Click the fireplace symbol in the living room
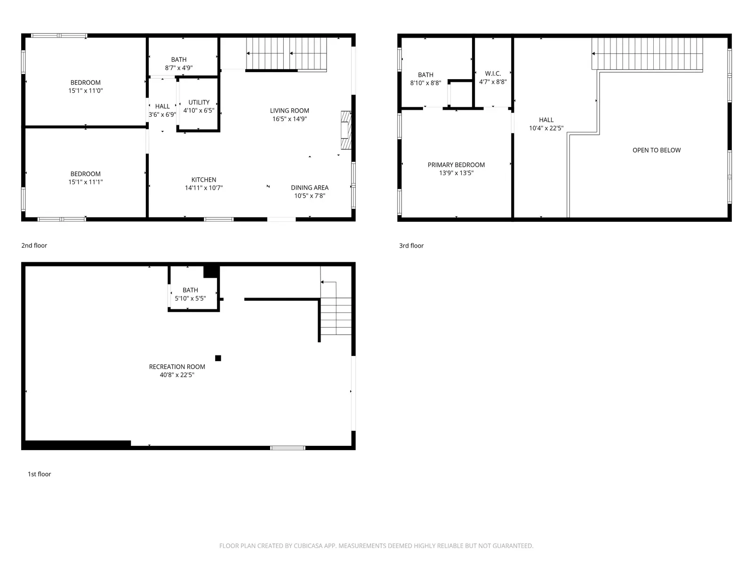click(x=346, y=130)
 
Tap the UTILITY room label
click(x=199, y=103)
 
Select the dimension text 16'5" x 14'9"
click(x=289, y=119)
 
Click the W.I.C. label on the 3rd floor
click(x=493, y=74)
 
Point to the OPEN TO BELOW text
click(x=656, y=150)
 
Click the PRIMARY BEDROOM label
click(x=456, y=165)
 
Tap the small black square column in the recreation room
click(x=218, y=358)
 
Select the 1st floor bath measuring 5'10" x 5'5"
click(x=190, y=294)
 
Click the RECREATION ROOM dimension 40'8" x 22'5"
click(x=177, y=375)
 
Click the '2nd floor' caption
click(x=34, y=245)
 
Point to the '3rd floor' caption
click(x=411, y=246)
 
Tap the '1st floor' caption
click(x=39, y=474)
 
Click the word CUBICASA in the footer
click(x=307, y=546)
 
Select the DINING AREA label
click(x=309, y=188)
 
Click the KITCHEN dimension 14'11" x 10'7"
click(x=203, y=188)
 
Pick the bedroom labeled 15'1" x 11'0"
click(x=85, y=87)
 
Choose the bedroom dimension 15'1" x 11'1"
click(x=85, y=182)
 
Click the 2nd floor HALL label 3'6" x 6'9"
click(x=162, y=111)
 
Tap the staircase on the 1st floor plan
click(x=336, y=315)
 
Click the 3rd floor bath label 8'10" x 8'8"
click(x=425, y=79)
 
